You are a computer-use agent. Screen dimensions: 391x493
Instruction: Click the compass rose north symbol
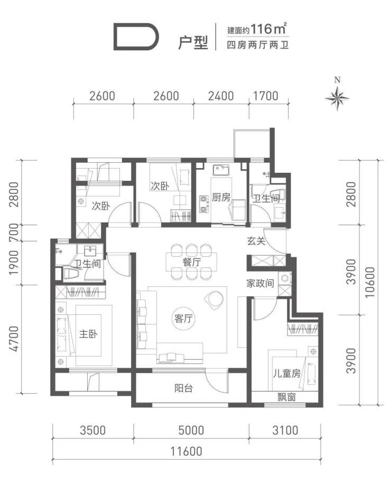point(337,98)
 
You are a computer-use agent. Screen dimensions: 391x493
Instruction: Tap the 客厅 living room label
point(183,319)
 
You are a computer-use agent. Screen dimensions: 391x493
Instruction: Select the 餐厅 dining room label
point(191,262)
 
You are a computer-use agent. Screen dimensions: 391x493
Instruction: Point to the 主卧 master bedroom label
point(88,333)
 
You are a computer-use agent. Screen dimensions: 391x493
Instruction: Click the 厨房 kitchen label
point(221,198)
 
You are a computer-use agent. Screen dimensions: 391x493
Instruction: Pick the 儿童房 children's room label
point(286,373)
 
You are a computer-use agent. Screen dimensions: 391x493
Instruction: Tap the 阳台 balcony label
point(183,388)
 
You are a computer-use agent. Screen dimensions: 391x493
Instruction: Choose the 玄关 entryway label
point(256,241)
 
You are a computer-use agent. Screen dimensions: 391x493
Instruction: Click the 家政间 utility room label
point(260,284)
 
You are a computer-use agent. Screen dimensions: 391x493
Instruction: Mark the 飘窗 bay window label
point(286,397)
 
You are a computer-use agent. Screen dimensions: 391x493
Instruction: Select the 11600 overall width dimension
point(187,451)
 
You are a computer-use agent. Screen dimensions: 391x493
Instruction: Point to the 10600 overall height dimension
point(370,282)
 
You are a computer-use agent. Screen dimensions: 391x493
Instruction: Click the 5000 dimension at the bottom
point(191,430)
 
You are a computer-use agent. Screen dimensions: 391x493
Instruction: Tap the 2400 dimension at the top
point(221,96)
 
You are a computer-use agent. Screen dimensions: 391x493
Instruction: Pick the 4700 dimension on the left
point(14,339)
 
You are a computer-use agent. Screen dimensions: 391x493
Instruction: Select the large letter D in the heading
point(136,38)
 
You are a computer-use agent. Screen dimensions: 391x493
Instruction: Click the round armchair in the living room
point(214,300)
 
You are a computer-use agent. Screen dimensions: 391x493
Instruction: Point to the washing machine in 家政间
point(285,278)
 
